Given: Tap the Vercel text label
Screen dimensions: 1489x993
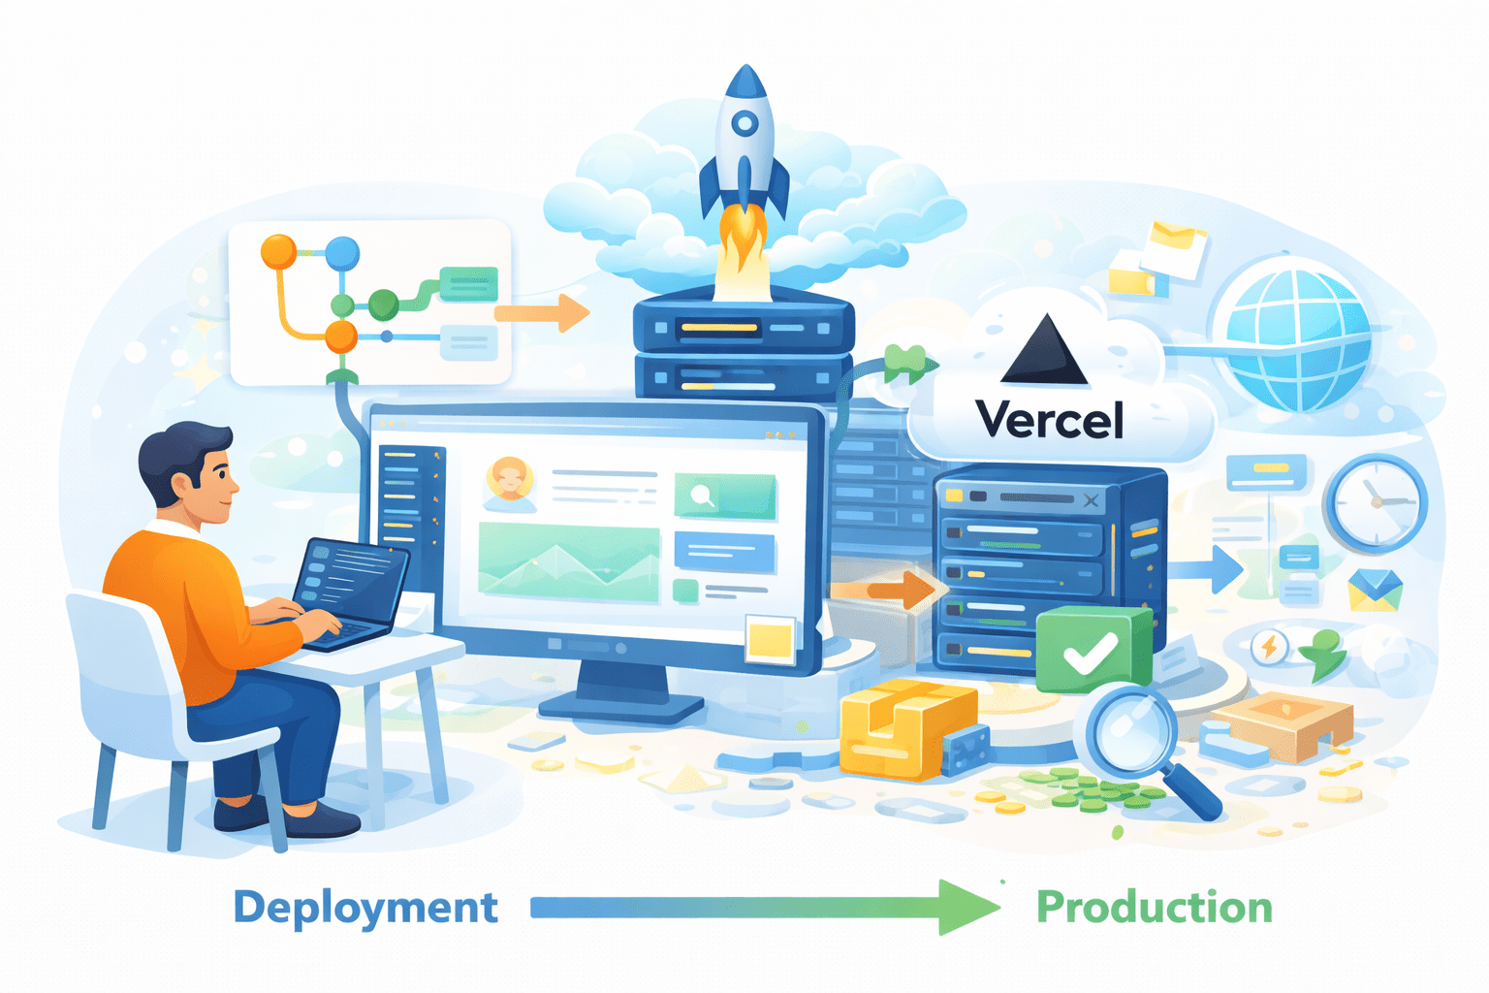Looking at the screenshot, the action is pos(1051,420).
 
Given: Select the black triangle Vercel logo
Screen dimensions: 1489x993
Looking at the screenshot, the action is pos(1044,352).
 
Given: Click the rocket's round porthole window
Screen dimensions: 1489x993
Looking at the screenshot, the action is pos(744,124).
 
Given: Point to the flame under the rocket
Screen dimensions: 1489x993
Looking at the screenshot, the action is pos(742,251).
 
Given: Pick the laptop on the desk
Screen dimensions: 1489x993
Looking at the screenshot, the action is pos(348,592).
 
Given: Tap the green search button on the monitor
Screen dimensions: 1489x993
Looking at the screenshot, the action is pos(724,496).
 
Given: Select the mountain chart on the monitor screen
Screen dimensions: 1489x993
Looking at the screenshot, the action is pos(568,562).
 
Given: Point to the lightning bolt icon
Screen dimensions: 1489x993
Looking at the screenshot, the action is pos(1268,646).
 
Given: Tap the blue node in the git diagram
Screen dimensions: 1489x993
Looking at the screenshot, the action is pos(342,254).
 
